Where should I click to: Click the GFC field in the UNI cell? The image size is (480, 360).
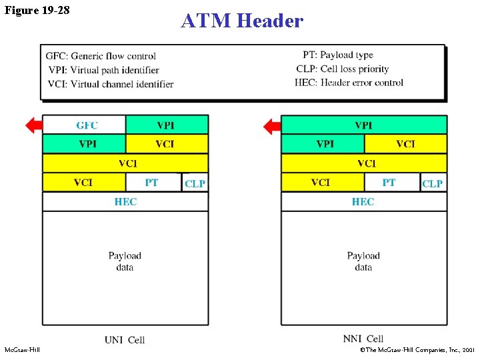pos(84,125)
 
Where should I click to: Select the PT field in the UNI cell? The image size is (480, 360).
pos(153,183)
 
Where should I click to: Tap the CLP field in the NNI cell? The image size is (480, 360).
pos(433,183)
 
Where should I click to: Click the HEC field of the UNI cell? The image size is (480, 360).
pos(125,202)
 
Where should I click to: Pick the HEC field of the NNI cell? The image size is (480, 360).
pos(364,202)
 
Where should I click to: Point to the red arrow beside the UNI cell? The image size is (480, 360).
pos(34,125)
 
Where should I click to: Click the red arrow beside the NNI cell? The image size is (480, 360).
pos(272,126)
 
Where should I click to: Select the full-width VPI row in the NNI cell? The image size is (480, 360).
pos(364,125)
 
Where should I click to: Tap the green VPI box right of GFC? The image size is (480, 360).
pos(167,125)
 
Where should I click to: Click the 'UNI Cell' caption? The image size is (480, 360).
pos(125,340)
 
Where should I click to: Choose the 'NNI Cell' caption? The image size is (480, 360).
pos(363,339)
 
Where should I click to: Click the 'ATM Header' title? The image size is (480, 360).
pos(242,21)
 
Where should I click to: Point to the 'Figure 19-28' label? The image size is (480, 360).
pos(37,10)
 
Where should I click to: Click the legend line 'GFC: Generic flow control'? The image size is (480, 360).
pos(101,56)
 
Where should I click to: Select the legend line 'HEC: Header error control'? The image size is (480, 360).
pos(349,83)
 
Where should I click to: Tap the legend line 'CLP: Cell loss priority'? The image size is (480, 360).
pos(343,69)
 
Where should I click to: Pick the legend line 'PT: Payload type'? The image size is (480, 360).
pos(338,55)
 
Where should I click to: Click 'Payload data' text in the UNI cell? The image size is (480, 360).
pos(125,261)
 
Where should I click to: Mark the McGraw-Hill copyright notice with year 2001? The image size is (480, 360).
pos(417,349)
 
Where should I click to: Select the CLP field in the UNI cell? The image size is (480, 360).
pos(195,183)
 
